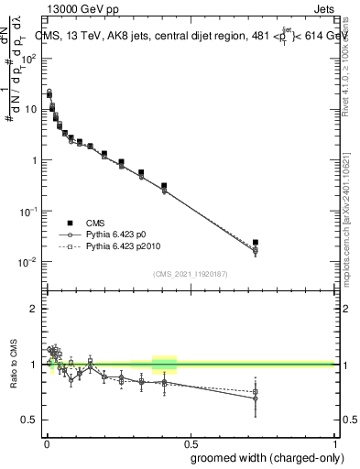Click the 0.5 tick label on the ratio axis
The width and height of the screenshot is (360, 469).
point(30,420)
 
